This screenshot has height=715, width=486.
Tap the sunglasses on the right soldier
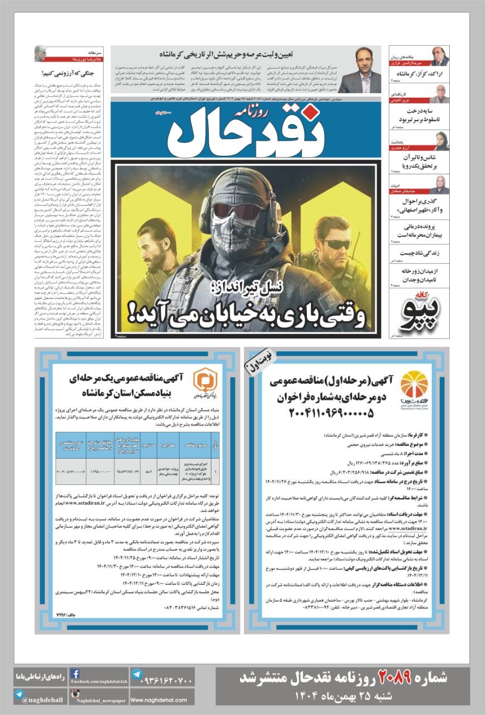point(333,244)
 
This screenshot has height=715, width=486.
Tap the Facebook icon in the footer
point(75,674)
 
